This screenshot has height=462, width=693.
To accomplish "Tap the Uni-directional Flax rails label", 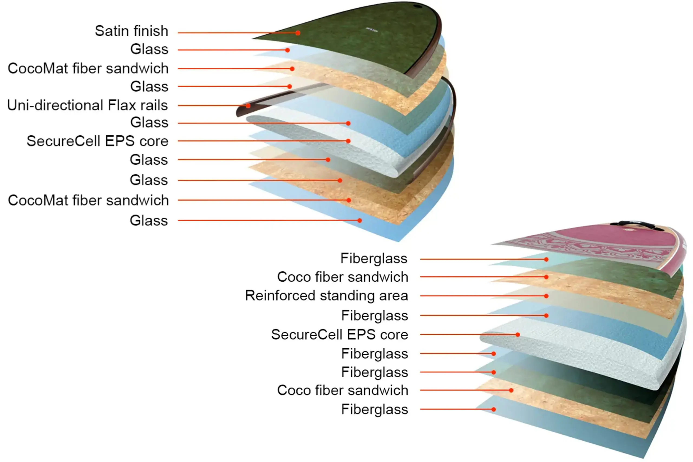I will (x=87, y=105).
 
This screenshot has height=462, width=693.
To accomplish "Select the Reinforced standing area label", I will (x=326, y=296).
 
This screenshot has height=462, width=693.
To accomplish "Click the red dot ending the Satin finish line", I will (x=298, y=33).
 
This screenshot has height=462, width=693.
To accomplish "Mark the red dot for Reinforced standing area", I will (x=546, y=296).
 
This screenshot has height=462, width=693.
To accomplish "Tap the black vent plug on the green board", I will (x=417, y=6).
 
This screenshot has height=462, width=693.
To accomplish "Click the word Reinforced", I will (x=280, y=296).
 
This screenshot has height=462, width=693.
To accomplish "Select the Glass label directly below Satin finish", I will (x=149, y=49).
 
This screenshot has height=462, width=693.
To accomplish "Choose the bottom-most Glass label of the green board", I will (x=149, y=221).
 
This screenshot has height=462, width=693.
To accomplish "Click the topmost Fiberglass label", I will (x=374, y=258).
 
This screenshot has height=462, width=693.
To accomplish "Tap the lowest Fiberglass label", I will (x=374, y=409).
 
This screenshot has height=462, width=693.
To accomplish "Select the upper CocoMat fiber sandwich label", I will (x=88, y=68).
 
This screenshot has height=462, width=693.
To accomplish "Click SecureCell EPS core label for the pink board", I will (x=339, y=335).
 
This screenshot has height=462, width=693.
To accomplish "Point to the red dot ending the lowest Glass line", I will (x=360, y=220).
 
